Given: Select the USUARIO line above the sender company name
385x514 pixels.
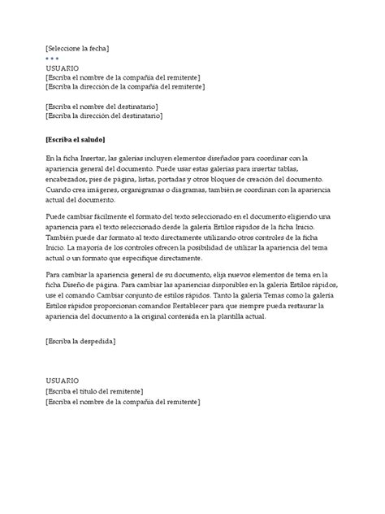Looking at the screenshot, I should pyautogui.click(x=63, y=68).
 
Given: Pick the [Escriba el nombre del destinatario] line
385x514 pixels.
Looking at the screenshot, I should pyautogui.click(x=113, y=107).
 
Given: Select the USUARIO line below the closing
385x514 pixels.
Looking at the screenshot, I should pyautogui.click(x=63, y=381).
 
